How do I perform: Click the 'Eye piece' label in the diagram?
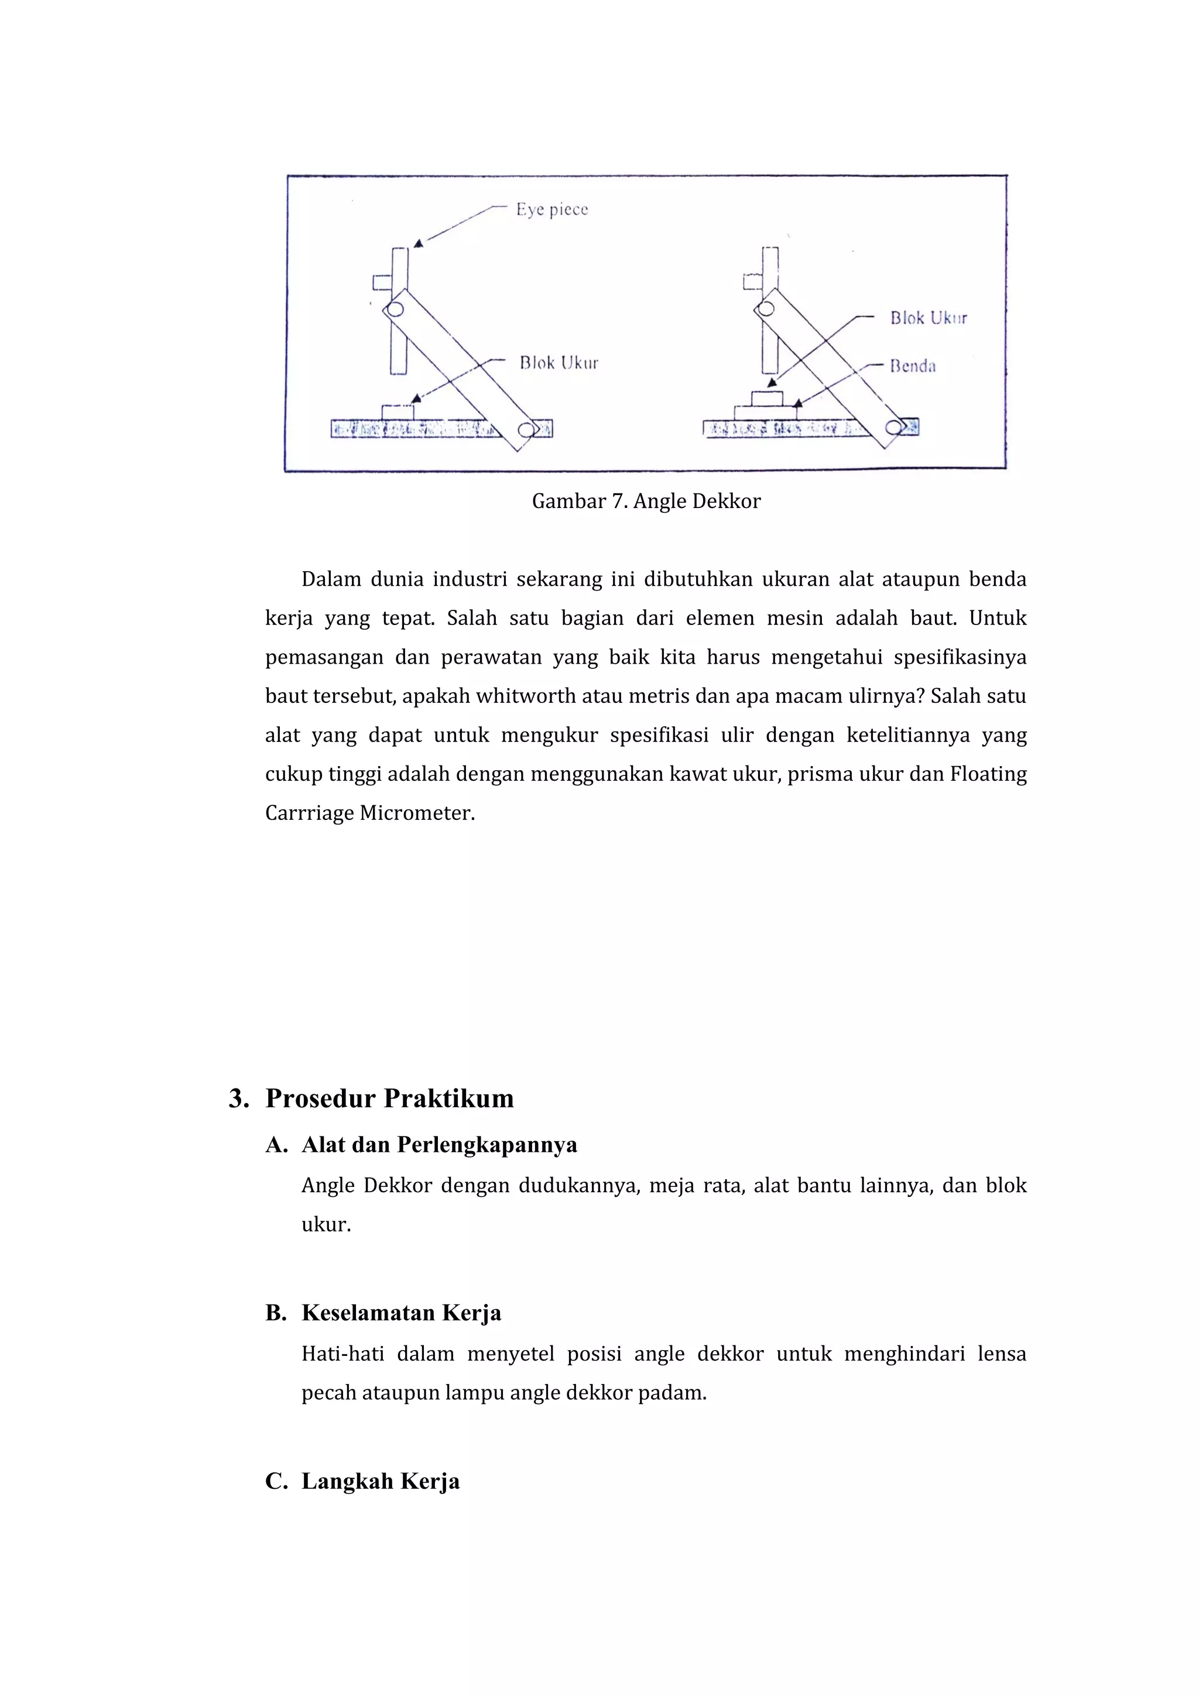pos(552,210)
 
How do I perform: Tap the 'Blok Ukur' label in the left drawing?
pos(559,363)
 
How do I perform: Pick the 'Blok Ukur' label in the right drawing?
pos(928,318)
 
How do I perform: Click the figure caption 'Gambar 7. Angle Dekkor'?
pos(646,502)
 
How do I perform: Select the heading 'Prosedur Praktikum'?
pos(389,1098)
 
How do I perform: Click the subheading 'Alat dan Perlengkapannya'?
pos(439,1145)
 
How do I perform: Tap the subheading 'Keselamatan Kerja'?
pos(401,1313)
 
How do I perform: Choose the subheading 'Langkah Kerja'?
pos(381,1481)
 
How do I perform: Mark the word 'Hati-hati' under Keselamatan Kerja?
pos(342,1354)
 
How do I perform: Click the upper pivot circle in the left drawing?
pos(395,310)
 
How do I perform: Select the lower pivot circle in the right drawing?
pos(893,428)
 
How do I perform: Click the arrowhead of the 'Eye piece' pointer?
pos(418,243)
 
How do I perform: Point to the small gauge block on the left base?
pos(398,411)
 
